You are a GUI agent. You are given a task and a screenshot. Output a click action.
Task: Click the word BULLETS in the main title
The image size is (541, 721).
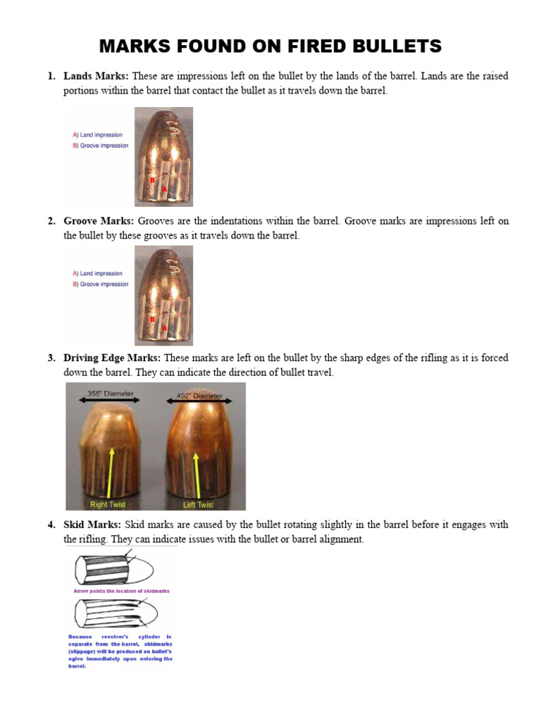[x=391, y=46]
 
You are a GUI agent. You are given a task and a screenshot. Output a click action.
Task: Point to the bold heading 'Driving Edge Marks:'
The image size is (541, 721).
[x=112, y=358]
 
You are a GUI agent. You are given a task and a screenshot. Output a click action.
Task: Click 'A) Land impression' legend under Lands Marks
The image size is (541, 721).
[x=98, y=134]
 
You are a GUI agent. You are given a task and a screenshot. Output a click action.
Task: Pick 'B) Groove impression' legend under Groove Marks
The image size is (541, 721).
[x=101, y=284]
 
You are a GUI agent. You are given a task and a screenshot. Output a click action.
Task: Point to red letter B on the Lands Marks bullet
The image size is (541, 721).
[x=151, y=181]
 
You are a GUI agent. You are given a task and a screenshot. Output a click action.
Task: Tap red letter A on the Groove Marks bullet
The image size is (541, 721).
[x=164, y=328]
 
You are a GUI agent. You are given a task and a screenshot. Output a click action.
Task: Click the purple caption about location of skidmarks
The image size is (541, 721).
[x=121, y=591]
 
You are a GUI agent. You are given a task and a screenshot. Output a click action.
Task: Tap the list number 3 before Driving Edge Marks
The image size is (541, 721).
[x=51, y=358]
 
